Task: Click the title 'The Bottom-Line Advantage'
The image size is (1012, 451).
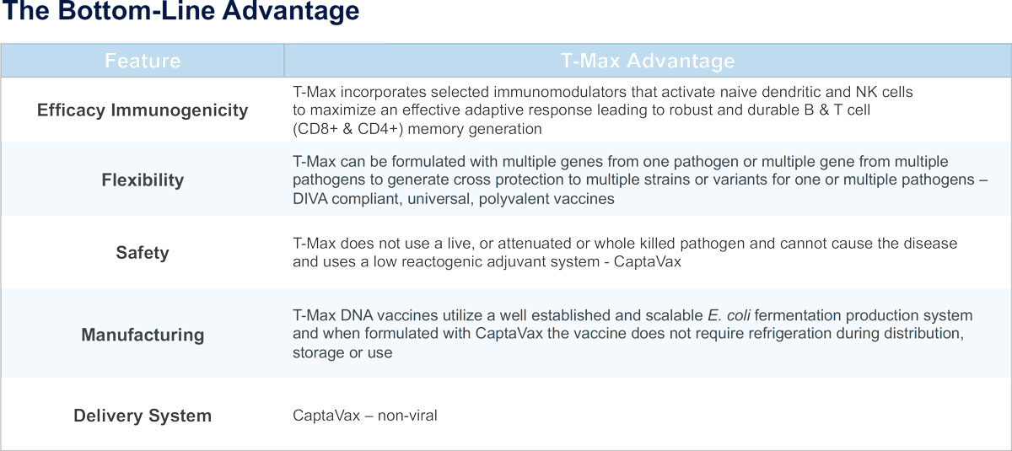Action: point(180,11)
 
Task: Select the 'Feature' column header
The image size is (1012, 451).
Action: point(143,61)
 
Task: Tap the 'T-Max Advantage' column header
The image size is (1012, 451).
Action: point(648,61)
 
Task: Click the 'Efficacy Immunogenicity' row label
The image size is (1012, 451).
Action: point(143,110)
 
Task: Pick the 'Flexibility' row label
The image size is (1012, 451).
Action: point(143,180)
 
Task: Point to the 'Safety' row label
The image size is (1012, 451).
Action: point(143,253)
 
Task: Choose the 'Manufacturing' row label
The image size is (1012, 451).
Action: point(143,335)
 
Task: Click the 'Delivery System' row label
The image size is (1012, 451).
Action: point(143,416)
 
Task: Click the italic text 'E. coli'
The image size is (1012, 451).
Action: point(729,315)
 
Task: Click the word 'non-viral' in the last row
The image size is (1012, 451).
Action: point(407,416)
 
